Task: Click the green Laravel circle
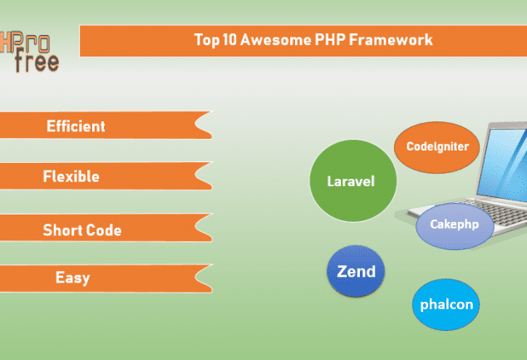click(x=353, y=181)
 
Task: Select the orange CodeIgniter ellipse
click(x=436, y=147)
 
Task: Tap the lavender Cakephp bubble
click(x=455, y=226)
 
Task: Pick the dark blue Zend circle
click(x=356, y=271)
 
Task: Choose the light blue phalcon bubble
click(x=446, y=304)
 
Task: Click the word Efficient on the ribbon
click(x=76, y=126)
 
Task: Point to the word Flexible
click(x=71, y=176)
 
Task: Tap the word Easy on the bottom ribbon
click(x=72, y=279)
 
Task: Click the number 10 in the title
click(x=230, y=40)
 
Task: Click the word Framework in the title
click(x=391, y=40)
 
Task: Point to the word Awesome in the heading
click(x=276, y=40)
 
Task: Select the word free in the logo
click(x=37, y=61)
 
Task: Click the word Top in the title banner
click(x=207, y=40)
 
